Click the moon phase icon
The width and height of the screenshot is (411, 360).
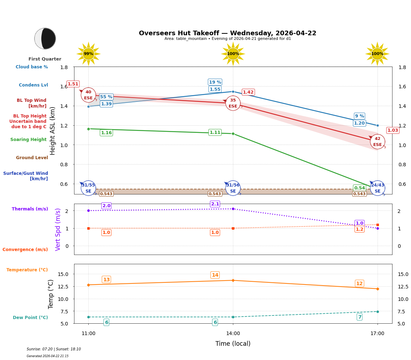pyautogui.click(x=45, y=38)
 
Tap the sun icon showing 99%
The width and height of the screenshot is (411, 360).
pyautogui.click(x=88, y=54)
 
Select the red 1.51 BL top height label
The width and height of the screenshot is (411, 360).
pyautogui.click(x=73, y=84)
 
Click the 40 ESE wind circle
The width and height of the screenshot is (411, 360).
pyautogui.click(x=88, y=95)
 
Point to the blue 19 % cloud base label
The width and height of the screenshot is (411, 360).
pyautogui.click(x=215, y=82)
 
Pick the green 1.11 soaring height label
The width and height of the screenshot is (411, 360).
pyautogui.click(x=215, y=132)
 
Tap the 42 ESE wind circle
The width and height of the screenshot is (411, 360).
pyautogui.click(x=377, y=142)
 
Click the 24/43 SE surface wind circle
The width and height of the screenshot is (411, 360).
pyautogui.click(x=377, y=188)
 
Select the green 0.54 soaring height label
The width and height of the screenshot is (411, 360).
pyautogui.click(x=359, y=188)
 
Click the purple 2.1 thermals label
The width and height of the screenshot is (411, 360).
pyautogui.click(x=215, y=204)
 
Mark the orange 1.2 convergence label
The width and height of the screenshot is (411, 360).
pyautogui.click(x=359, y=229)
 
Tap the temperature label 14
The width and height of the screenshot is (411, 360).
pyautogui.click(x=215, y=275)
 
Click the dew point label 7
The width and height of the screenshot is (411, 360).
pyautogui.click(x=359, y=317)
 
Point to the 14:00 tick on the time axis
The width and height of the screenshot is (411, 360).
pyautogui.click(x=233, y=333)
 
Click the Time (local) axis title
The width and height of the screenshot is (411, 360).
pyautogui.click(x=233, y=344)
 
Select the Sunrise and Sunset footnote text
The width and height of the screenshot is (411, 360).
pyautogui.click(x=54, y=349)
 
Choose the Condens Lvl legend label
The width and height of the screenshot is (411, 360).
pyautogui.click(x=33, y=85)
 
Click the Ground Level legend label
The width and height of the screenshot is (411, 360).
pyautogui.click(x=32, y=158)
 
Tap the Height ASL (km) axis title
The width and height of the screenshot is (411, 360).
pyautogui.click(x=53, y=131)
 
